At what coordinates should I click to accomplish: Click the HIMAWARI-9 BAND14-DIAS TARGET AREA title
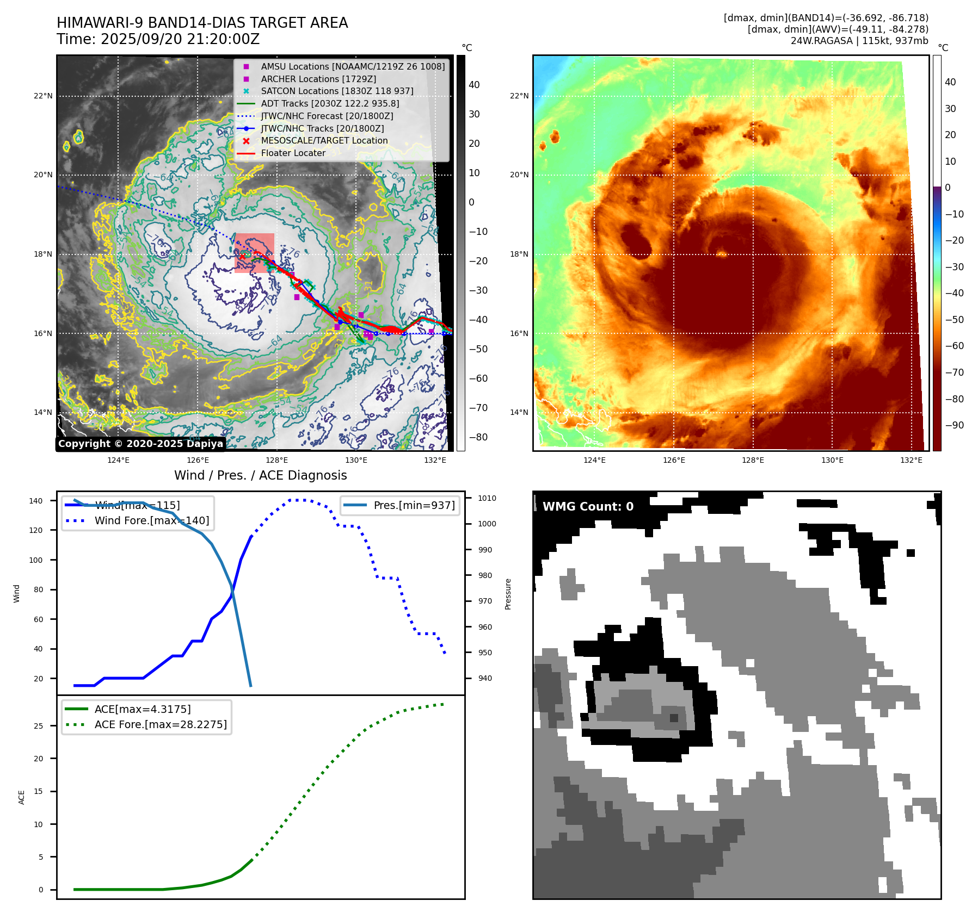(x=202, y=23)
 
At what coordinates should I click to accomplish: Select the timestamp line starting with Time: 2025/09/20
(x=158, y=40)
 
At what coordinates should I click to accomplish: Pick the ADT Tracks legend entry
(x=330, y=103)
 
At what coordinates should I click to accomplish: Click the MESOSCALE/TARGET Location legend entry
(x=324, y=140)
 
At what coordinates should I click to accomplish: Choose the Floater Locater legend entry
(x=293, y=153)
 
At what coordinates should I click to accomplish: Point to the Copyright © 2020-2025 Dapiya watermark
(x=140, y=444)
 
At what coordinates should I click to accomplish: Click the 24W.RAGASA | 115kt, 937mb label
(x=859, y=41)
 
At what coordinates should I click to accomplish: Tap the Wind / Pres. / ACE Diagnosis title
(x=260, y=475)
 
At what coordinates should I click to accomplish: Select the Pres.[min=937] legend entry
(x=414, y=505)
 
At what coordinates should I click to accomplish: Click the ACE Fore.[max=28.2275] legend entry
(x=161, y=724)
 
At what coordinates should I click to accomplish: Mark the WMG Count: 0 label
(x=588, y=507)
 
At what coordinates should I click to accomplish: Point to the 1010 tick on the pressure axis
(x=487, y=498)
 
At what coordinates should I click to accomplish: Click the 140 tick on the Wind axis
(x=36, y=501)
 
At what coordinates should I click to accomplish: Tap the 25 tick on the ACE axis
(x=39, y=726)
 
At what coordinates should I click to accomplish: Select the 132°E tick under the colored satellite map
(x=911, y=460)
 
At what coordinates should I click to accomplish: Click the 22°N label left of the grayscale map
(x=44, y=96)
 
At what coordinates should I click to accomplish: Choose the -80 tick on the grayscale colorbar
(x=478, y=437)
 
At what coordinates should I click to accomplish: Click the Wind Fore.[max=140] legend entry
(x=151, y=520)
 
